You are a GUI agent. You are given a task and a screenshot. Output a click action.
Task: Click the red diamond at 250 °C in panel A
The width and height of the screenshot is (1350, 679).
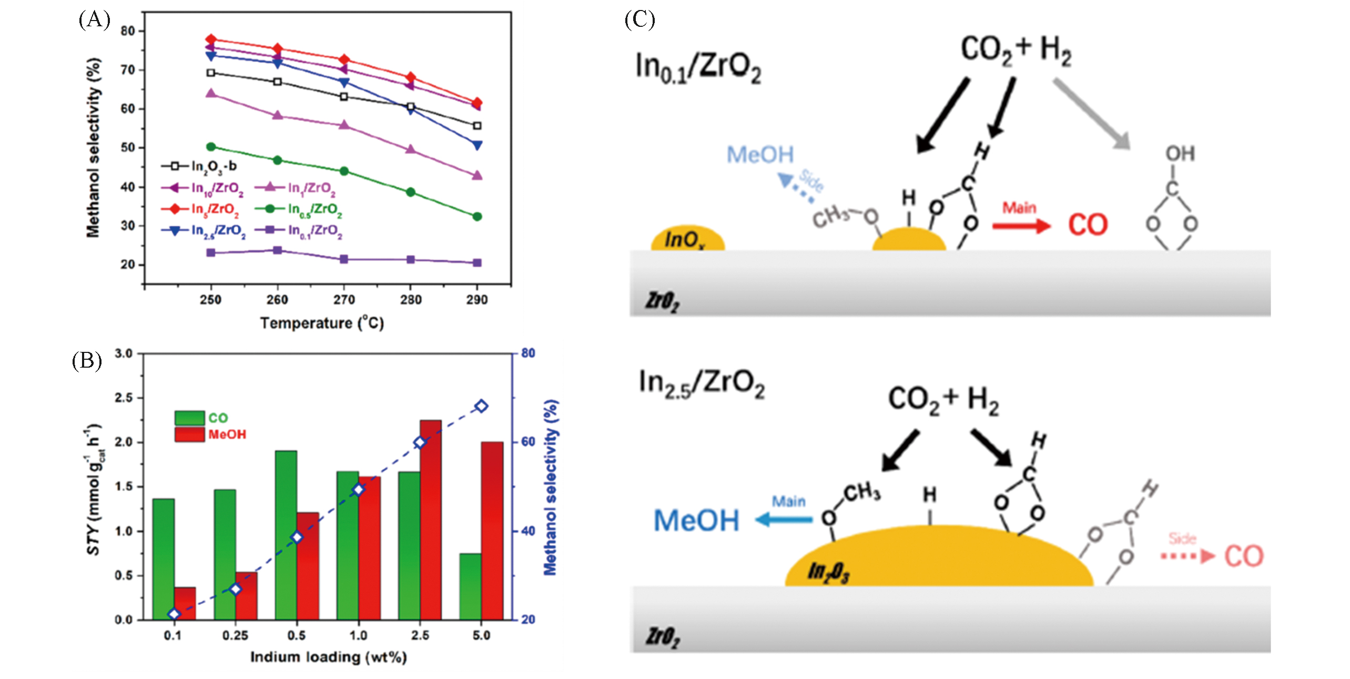pos(211,39)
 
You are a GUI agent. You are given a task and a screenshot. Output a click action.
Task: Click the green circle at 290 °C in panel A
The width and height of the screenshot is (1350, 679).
pos(477,216)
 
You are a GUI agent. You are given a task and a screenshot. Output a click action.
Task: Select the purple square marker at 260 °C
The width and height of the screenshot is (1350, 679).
pos(278,250)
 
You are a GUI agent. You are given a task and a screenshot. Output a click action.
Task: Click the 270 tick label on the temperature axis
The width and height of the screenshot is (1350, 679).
pos(344,300)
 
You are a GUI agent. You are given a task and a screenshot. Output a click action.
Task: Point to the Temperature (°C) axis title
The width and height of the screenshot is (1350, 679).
pos(322,323)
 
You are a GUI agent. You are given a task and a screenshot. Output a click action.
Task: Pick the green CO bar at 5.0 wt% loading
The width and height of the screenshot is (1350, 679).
pos(470,586)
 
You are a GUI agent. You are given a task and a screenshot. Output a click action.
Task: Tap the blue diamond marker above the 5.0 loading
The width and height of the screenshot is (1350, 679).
pos(481,406)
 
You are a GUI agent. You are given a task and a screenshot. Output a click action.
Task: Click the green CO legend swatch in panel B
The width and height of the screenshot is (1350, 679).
pos(189,418)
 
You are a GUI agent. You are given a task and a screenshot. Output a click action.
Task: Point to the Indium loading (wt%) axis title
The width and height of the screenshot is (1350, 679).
pos(328,657)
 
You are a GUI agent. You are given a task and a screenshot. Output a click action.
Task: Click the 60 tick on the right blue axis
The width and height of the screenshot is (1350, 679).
pos(528,442)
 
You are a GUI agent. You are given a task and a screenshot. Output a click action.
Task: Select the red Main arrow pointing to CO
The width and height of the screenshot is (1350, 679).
pos(1021,226)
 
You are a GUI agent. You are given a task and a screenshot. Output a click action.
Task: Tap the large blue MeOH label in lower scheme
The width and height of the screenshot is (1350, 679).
pos(696,521)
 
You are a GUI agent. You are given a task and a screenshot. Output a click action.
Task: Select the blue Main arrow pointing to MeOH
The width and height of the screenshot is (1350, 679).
pos(784,520)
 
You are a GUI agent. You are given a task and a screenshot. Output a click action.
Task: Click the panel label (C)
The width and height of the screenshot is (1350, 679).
pos(640,20)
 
